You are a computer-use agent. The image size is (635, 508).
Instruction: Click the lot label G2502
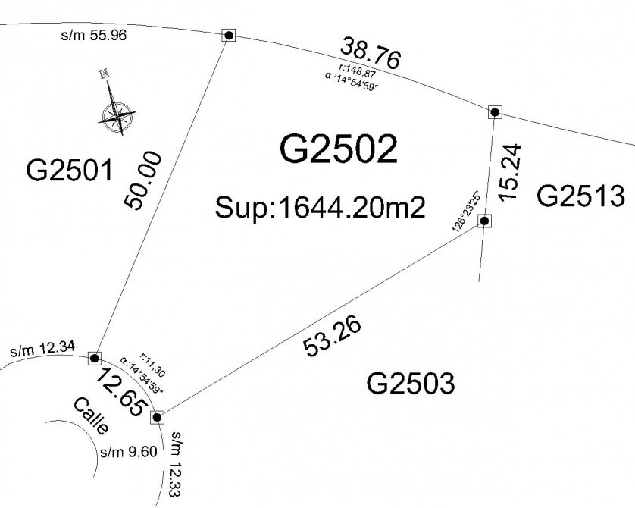(x=339, y=149)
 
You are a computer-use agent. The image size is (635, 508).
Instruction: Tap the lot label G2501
(x=69, y=171)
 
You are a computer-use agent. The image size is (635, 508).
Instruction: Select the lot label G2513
(x=580, y=197)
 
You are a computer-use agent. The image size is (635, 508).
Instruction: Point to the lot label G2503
(x=410, y=384)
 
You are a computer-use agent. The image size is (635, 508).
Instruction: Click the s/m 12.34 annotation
(x=42, y=350)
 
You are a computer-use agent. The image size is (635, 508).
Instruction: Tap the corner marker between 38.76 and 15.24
(x=495, y=112)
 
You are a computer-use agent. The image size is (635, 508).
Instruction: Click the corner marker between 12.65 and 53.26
(x=158, y=416)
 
